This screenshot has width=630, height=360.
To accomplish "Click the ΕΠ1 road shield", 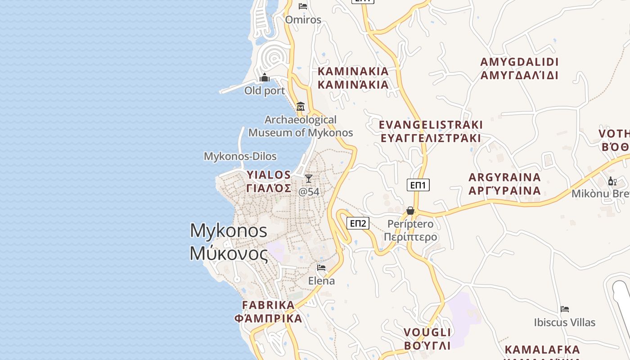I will coord(418,185).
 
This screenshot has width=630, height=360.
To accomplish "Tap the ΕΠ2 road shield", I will coord(358,223).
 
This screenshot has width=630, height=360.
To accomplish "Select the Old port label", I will coord(265,91).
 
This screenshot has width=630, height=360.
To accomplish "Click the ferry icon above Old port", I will coord(265,78).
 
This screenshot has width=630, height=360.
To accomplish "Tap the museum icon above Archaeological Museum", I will coord(301,107).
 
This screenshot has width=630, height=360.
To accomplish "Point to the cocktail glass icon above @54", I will coord(309,179).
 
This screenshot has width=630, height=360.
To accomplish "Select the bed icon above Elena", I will coord(321,267).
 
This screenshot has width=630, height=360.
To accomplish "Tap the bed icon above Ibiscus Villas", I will coord(565,309).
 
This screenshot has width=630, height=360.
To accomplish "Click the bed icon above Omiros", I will coord(303,6).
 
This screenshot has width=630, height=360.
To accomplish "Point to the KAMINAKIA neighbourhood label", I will coord(353,78).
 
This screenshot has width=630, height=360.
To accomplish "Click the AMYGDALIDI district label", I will coord(519,68).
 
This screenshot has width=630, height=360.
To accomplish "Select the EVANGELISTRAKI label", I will coord(431,131).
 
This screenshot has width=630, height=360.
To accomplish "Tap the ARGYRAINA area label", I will coord(504,184).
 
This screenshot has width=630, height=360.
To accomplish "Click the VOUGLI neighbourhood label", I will coord(427,339).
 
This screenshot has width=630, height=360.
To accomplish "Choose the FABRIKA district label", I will coord(268,311).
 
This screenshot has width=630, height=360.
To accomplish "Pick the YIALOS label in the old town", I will coord(269,181).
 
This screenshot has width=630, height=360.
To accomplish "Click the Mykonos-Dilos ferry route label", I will coord(240,157).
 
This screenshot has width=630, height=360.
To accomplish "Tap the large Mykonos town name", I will coord(229,242).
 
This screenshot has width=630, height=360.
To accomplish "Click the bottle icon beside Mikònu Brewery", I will coord(612,181).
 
